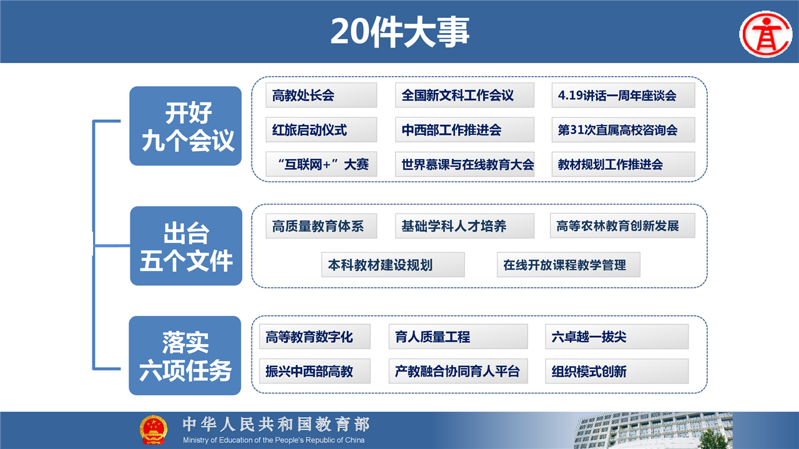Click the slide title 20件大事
tap(400, 32)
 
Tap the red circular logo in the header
tap(766, 34)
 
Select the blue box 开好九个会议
tap(185, 126)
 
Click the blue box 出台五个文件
tap(186, 246)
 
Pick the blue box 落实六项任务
tap(185, 355)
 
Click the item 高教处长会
tap(321, 96)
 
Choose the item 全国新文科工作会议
tap(465, 96)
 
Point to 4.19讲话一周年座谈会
tap(624, 96)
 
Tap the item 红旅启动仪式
tap(321, 130)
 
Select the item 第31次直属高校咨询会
tap(624, 130)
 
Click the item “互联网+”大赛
tap(321, 164)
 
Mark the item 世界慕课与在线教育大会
tap(465, 164)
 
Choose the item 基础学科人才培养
tap(465, 226)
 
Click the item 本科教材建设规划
tap(393, 265)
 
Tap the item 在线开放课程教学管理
tap(569, 265)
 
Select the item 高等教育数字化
tap(315, 337)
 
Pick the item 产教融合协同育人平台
tap(458, 371)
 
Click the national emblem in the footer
tap(154, 430)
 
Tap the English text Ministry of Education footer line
tap(273, 440)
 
